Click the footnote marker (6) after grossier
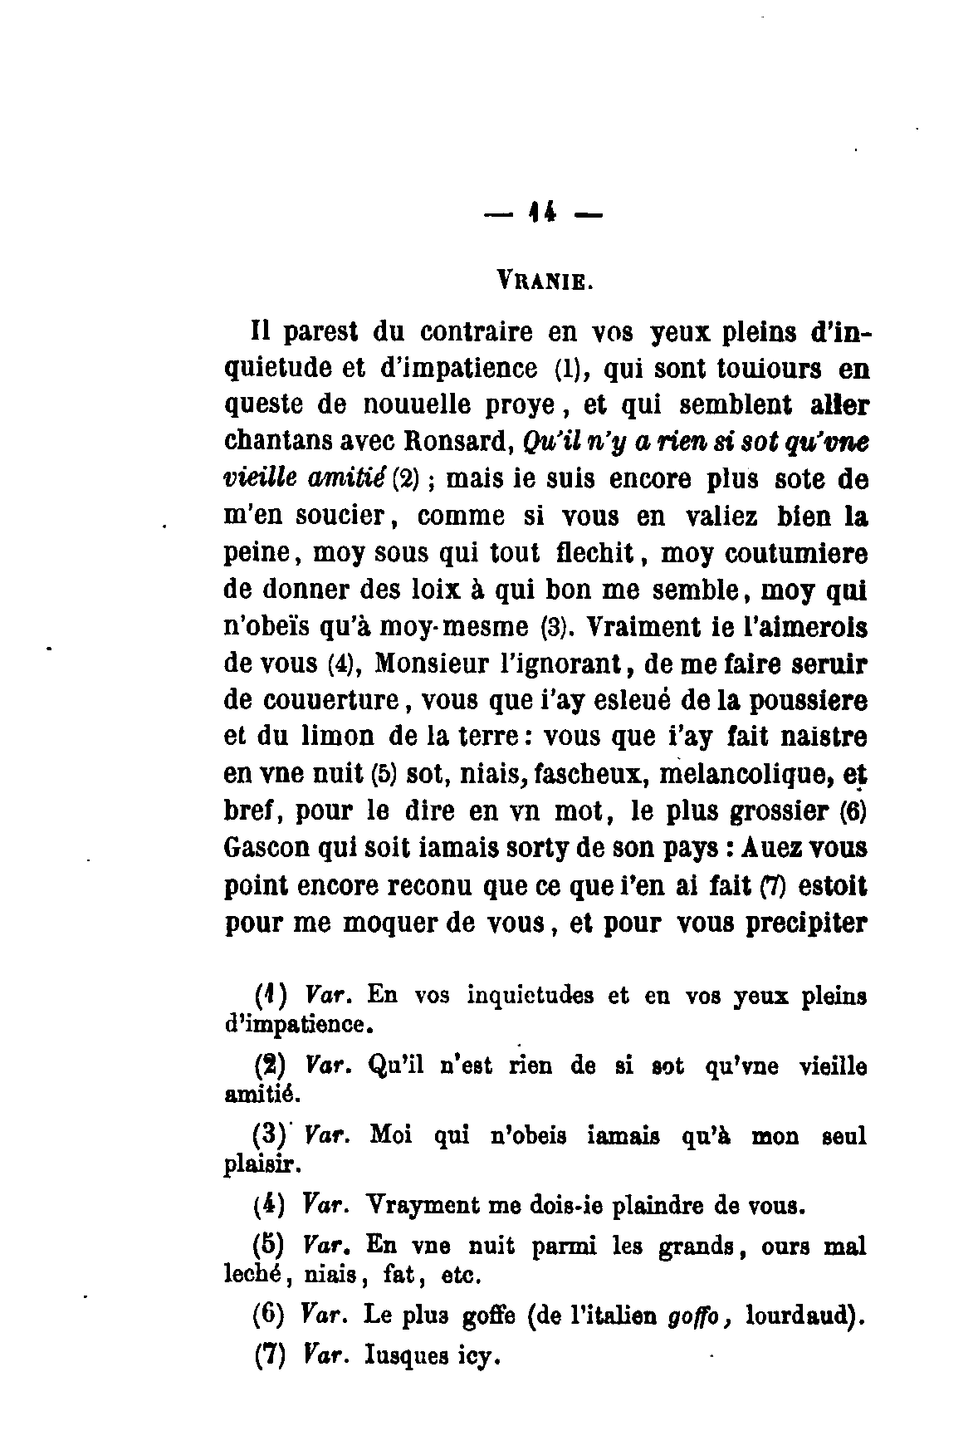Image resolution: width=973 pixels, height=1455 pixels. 853,811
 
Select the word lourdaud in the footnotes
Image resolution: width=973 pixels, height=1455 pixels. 800,1316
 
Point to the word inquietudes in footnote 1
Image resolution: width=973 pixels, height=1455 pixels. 530,995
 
